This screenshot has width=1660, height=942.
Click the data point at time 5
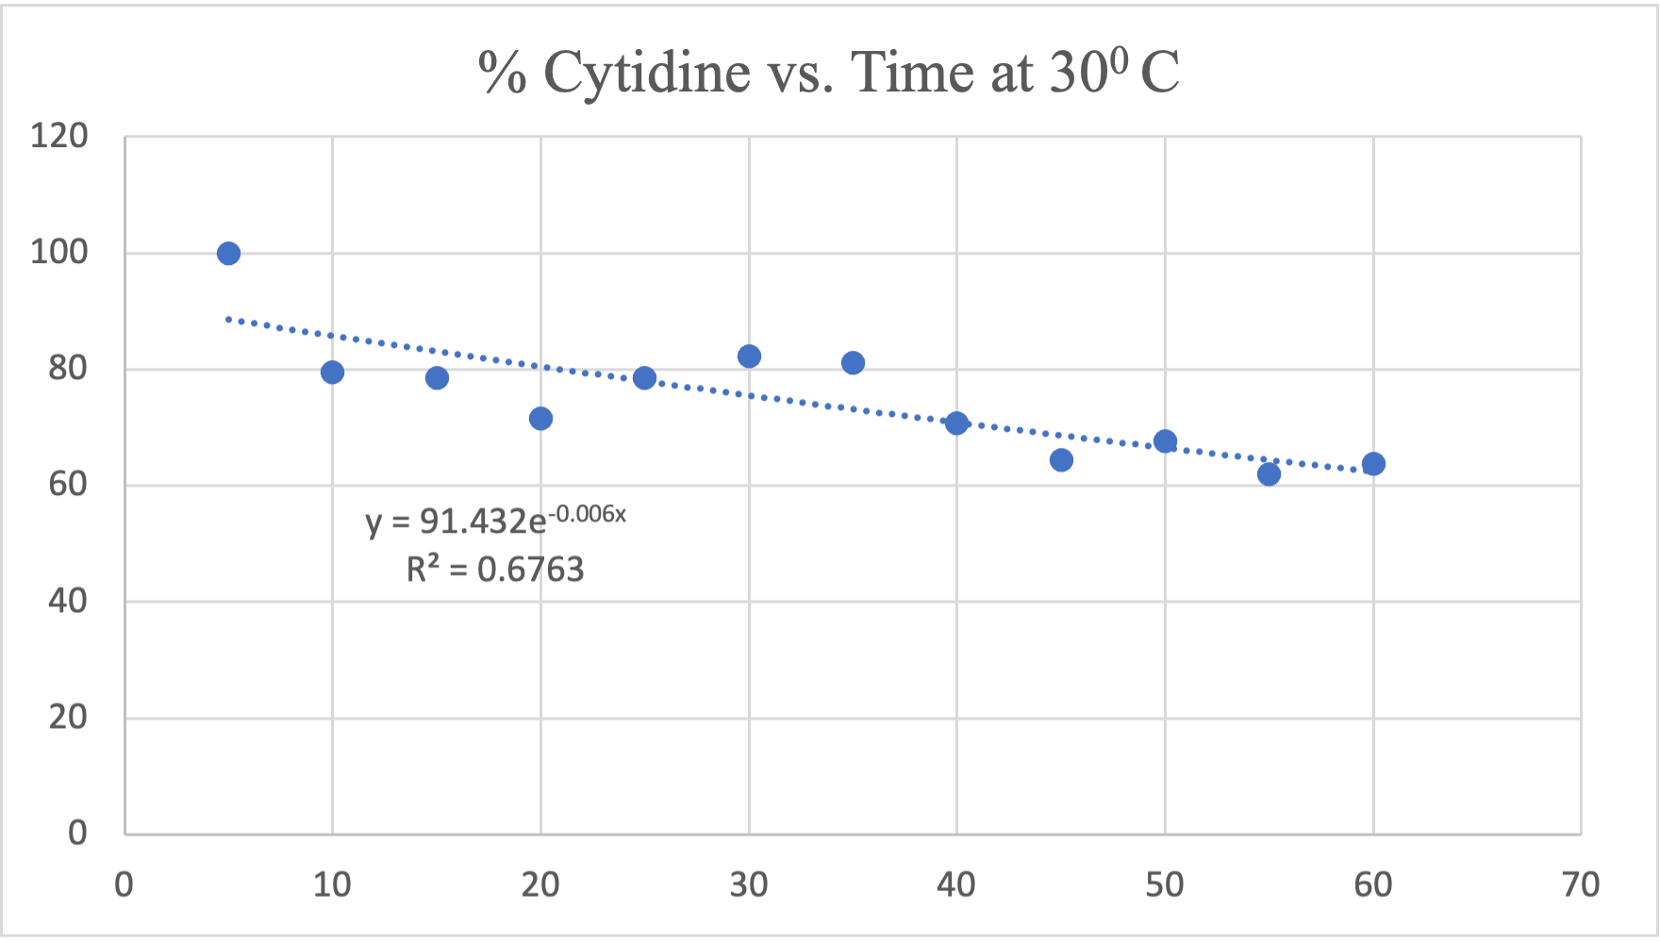click(228, 254)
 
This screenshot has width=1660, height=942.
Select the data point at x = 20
click(540, 419)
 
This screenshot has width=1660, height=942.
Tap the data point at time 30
click(749, 356)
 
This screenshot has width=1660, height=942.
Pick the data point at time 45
click(1061, 460)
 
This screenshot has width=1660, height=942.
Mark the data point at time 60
click(1373, 464)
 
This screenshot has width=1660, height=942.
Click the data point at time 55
click(1269, 474)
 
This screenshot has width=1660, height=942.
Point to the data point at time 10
click(332, 372)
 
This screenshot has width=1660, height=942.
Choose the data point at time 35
click(853, 363)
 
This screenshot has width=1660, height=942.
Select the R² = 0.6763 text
click(495, 570)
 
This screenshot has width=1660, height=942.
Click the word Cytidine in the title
click(646, 73)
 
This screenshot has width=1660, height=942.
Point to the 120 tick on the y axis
click(58, 137)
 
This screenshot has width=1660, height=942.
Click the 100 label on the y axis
click(58, 253)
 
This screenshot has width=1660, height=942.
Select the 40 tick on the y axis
click(67, 601)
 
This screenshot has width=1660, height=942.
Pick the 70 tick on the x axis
click(1581, 885)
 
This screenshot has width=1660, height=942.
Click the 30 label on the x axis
click(749, 885)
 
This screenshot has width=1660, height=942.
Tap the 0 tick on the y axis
click(77, 833)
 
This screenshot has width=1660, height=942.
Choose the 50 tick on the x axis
click(1165, 885)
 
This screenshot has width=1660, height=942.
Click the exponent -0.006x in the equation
click(588, 514)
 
